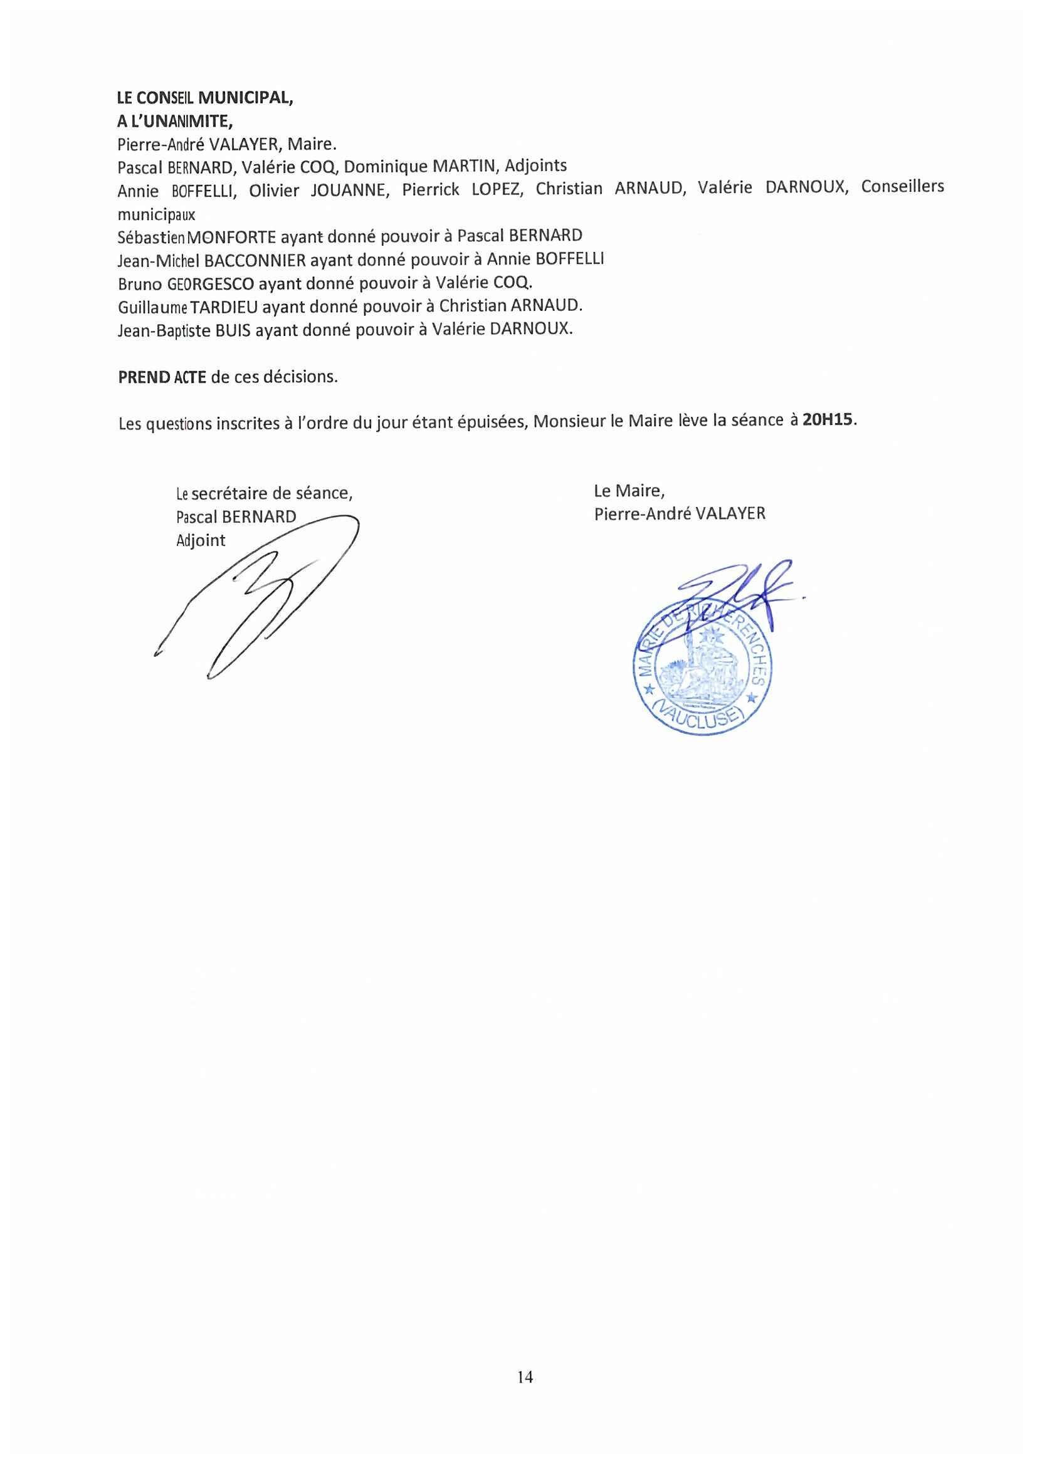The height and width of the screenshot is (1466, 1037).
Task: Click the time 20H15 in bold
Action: (829, 419)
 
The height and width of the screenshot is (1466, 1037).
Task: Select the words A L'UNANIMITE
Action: (174, 122)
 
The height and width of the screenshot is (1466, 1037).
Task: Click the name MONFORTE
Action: (232, 238)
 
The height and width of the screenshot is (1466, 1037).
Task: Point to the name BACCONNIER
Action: (255, 261)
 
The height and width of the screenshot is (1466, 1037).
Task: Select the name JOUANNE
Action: (350, 191)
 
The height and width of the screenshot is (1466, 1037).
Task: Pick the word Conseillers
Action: (902, 186)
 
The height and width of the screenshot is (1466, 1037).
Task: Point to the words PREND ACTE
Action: (162, 377)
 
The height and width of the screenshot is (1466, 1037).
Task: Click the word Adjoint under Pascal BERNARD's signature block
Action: (201, 541)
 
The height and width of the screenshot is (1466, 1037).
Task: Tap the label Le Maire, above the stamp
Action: (629, 490)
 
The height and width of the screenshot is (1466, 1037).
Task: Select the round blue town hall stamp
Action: (702, 668)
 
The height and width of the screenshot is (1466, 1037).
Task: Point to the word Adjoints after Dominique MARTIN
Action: (535, 166)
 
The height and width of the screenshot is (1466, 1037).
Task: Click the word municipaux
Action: (157, 214)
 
